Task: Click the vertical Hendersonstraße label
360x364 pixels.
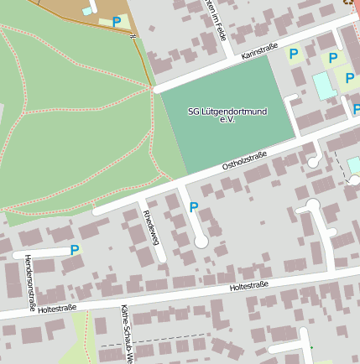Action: point(29,283)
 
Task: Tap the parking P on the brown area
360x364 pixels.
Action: point(117,23)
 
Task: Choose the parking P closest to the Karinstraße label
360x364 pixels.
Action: point(294,54)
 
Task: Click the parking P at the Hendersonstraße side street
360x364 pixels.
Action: point(75,250)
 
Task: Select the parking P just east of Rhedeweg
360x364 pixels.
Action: point(194,207)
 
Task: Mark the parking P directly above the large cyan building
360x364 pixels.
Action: point(333,58)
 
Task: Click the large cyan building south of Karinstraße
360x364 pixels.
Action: point(323,85)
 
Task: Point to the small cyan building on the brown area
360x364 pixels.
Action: point(87,11)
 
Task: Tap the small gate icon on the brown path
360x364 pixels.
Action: point(132,36)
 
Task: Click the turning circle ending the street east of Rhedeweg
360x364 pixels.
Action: point(201,242)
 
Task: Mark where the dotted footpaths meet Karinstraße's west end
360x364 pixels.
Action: point(153,87)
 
